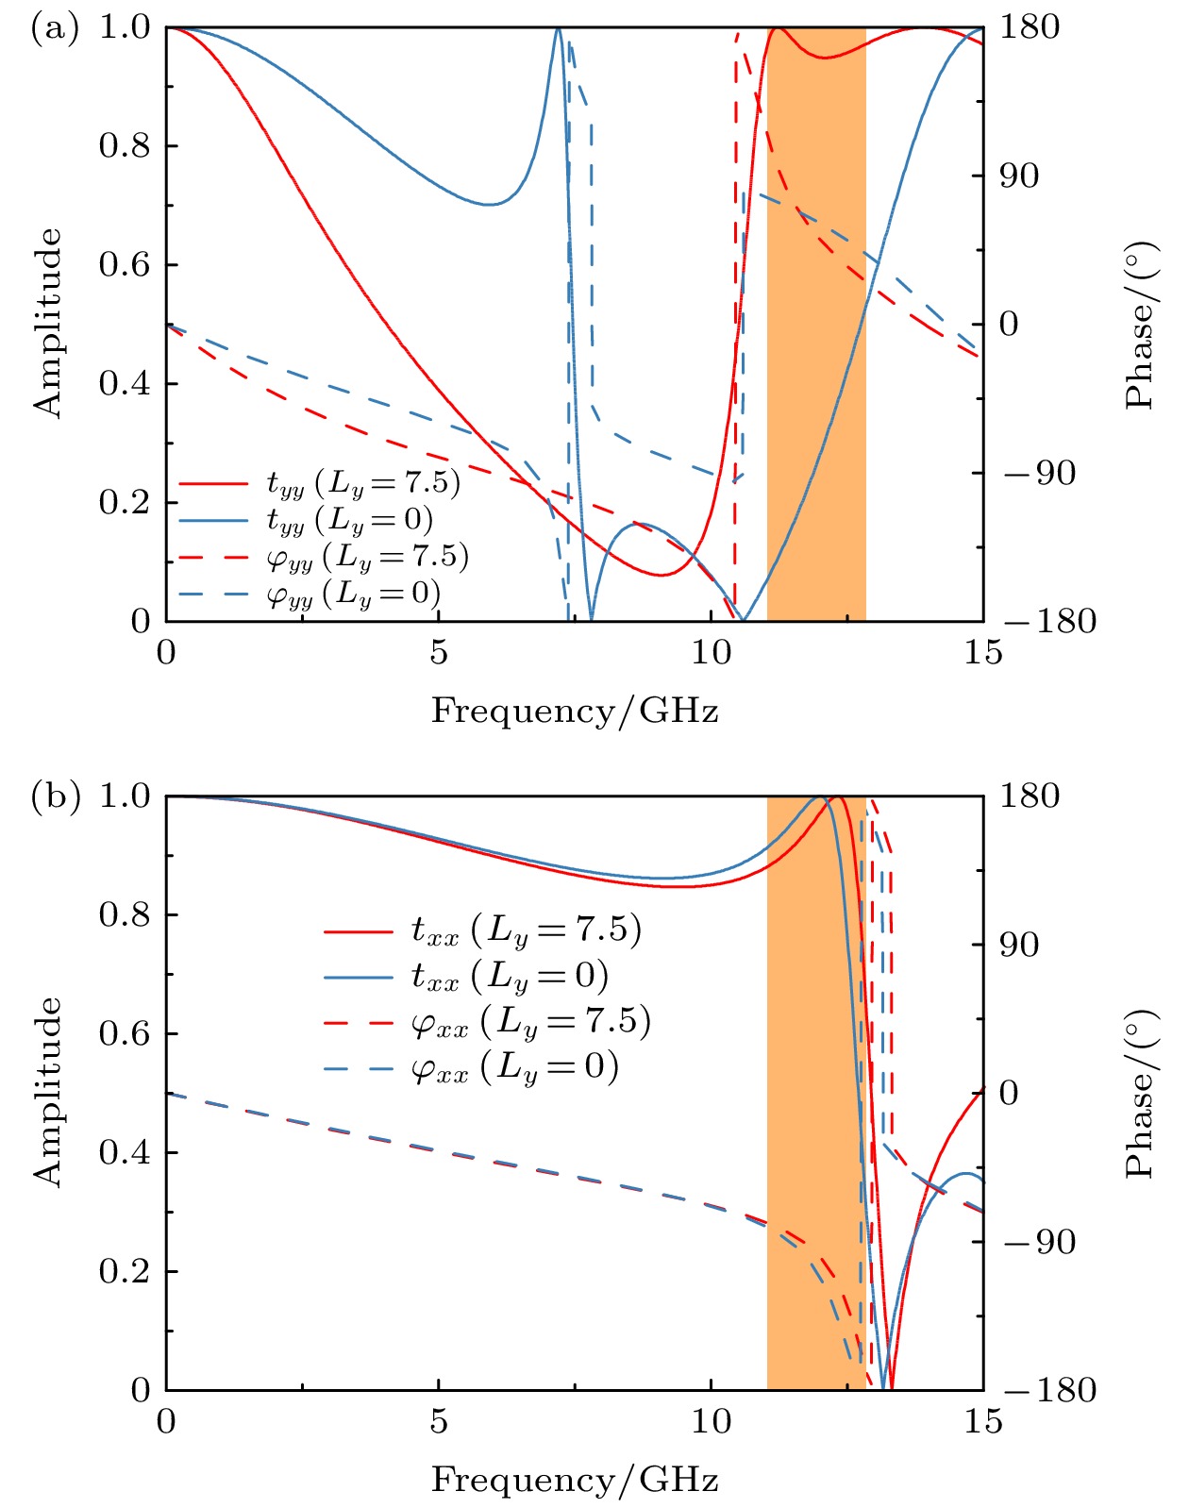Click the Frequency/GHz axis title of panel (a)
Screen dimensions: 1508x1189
575,711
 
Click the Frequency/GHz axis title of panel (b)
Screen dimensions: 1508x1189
575,1479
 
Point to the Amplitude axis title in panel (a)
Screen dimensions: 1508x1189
47,323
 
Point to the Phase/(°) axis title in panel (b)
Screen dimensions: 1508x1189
1140,1093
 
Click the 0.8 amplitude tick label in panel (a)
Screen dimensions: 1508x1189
125,146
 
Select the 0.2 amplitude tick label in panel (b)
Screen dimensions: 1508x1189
125,1271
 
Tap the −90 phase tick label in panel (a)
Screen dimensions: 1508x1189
1038,473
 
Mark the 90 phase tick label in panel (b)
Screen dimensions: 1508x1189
1019,945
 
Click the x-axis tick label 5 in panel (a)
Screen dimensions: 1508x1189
439,653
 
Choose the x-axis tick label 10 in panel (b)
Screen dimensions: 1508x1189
711,1421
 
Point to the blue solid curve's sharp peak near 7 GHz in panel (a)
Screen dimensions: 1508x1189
558,30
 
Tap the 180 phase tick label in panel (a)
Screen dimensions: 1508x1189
1030,28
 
